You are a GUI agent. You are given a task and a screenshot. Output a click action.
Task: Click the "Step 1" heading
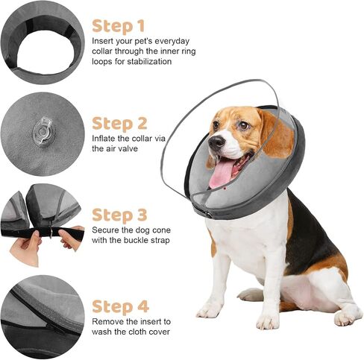119,26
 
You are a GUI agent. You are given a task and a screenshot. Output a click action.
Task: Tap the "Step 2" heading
119,124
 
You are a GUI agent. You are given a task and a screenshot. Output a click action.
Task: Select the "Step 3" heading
119,215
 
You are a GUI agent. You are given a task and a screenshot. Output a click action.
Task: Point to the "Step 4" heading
120,306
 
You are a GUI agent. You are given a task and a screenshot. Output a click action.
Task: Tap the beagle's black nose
216,142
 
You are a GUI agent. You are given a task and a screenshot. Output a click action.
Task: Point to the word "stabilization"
149,62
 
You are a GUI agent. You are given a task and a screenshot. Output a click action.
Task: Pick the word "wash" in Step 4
101,332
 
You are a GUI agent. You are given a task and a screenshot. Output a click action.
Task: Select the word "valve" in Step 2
128,148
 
